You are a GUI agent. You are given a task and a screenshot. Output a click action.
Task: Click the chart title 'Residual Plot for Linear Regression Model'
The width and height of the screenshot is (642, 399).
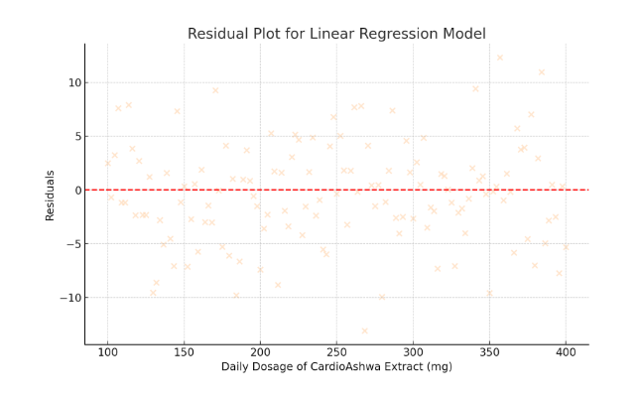click(x=336, y=34)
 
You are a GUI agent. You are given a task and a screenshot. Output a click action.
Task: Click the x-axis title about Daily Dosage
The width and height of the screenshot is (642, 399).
click(x=336, y=367)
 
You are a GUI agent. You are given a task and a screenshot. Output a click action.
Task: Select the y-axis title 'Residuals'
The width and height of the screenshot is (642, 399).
click(x=50, y=195)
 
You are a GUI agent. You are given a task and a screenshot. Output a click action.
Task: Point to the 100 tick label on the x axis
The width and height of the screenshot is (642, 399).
click(x=107, y=352)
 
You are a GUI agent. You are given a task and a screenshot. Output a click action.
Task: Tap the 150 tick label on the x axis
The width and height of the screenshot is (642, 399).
click(x=184, y=352)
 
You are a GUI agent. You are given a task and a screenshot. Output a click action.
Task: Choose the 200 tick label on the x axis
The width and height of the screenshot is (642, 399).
click(x=260, y=352)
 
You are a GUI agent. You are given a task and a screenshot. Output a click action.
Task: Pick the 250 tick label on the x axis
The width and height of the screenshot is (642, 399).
click(x=336, y=352)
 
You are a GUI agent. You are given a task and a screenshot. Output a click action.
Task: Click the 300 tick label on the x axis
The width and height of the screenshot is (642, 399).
click(x=413, y=352)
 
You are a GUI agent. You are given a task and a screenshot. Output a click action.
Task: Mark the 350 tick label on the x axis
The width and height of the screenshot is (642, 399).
click(x=489, y=352)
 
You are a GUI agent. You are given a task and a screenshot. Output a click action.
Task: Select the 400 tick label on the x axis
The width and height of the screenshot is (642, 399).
click(x=566, y=352)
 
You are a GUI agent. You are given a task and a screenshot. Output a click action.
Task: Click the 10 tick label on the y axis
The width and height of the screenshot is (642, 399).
click(x=73, y=82)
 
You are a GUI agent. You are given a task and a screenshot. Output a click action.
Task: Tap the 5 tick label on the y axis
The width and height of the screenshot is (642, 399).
click(x=76, y=136)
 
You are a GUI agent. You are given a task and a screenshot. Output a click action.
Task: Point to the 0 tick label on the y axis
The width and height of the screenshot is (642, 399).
click(x=76, y=190)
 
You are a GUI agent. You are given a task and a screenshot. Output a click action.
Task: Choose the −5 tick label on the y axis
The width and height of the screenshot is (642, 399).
click(x=72, y=243)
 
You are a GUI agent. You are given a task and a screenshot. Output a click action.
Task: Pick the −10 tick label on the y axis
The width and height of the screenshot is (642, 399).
click(x=69, y=297)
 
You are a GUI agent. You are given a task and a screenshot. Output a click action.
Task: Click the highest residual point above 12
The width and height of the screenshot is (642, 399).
click(x=500, y=58)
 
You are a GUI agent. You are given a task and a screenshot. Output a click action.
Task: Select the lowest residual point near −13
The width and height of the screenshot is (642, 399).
click(x=364, y=331)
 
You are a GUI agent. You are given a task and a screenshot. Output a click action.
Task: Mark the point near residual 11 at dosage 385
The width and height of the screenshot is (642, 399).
click(x=542, y=71)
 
